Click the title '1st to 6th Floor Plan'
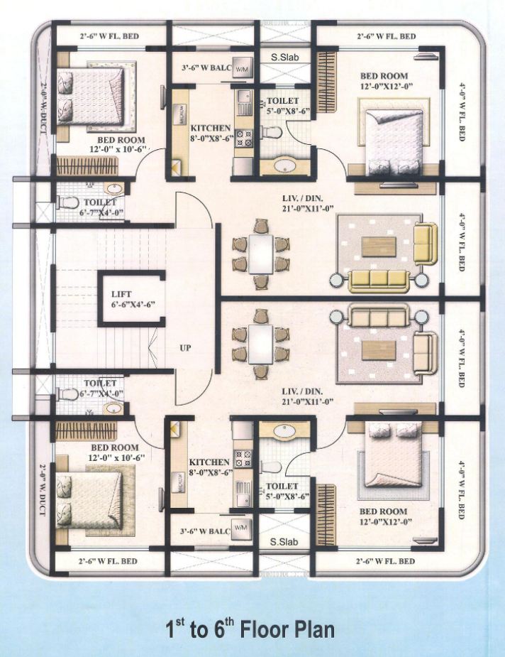(250, 629)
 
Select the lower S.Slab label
(284, 541)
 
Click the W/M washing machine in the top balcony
(241, 69)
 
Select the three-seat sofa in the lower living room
(376, 315)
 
